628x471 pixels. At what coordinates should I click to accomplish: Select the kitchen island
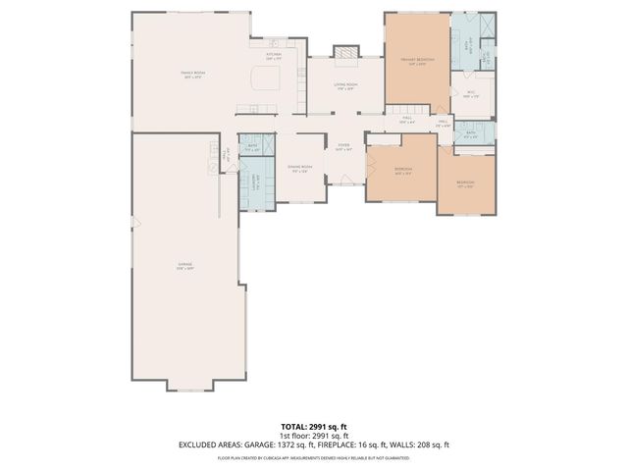click(266, 76)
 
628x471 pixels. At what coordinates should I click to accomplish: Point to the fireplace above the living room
click(343, 52)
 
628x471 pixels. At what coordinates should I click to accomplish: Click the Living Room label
click(343, 85)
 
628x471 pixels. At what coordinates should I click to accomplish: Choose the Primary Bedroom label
click(417, 61)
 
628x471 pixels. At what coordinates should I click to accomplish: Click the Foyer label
click(343, 148)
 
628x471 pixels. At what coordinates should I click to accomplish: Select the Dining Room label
click(299, 168)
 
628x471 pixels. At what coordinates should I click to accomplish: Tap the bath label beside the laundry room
click(252, 148)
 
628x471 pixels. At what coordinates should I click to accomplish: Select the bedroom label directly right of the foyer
click(402, 170)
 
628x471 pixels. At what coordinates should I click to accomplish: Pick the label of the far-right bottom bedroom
click(464, 183)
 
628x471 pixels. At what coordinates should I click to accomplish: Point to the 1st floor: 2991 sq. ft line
click(313, 437)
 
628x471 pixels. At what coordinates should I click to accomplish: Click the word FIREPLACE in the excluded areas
click(351, 445)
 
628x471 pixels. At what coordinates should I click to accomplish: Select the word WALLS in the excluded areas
click(416, 445)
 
